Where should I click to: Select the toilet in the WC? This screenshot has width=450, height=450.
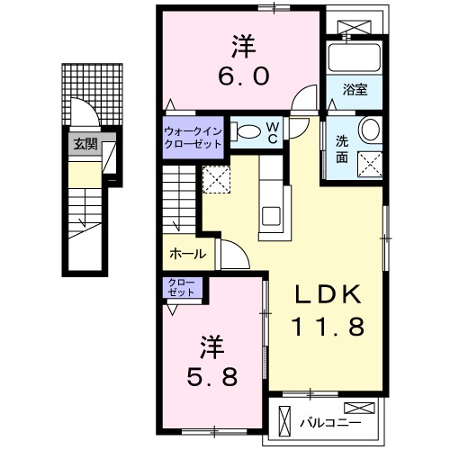pyautogui.click(x=243, y=131)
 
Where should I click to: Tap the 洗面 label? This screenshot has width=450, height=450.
pyautogui.click(x=342, y=148)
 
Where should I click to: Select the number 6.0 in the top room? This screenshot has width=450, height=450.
pyautogui.click(x=241, y=77)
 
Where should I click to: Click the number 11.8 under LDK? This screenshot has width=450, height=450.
pyautogui.click(x=327, y=328)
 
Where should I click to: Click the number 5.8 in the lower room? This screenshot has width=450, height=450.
pyautogui.click(x=212, y=376)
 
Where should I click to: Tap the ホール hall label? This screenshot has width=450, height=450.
pyautogui.click(x=187, y=255)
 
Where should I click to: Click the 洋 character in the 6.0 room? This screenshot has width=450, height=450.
pyautogui.click(x=241, y=44)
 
